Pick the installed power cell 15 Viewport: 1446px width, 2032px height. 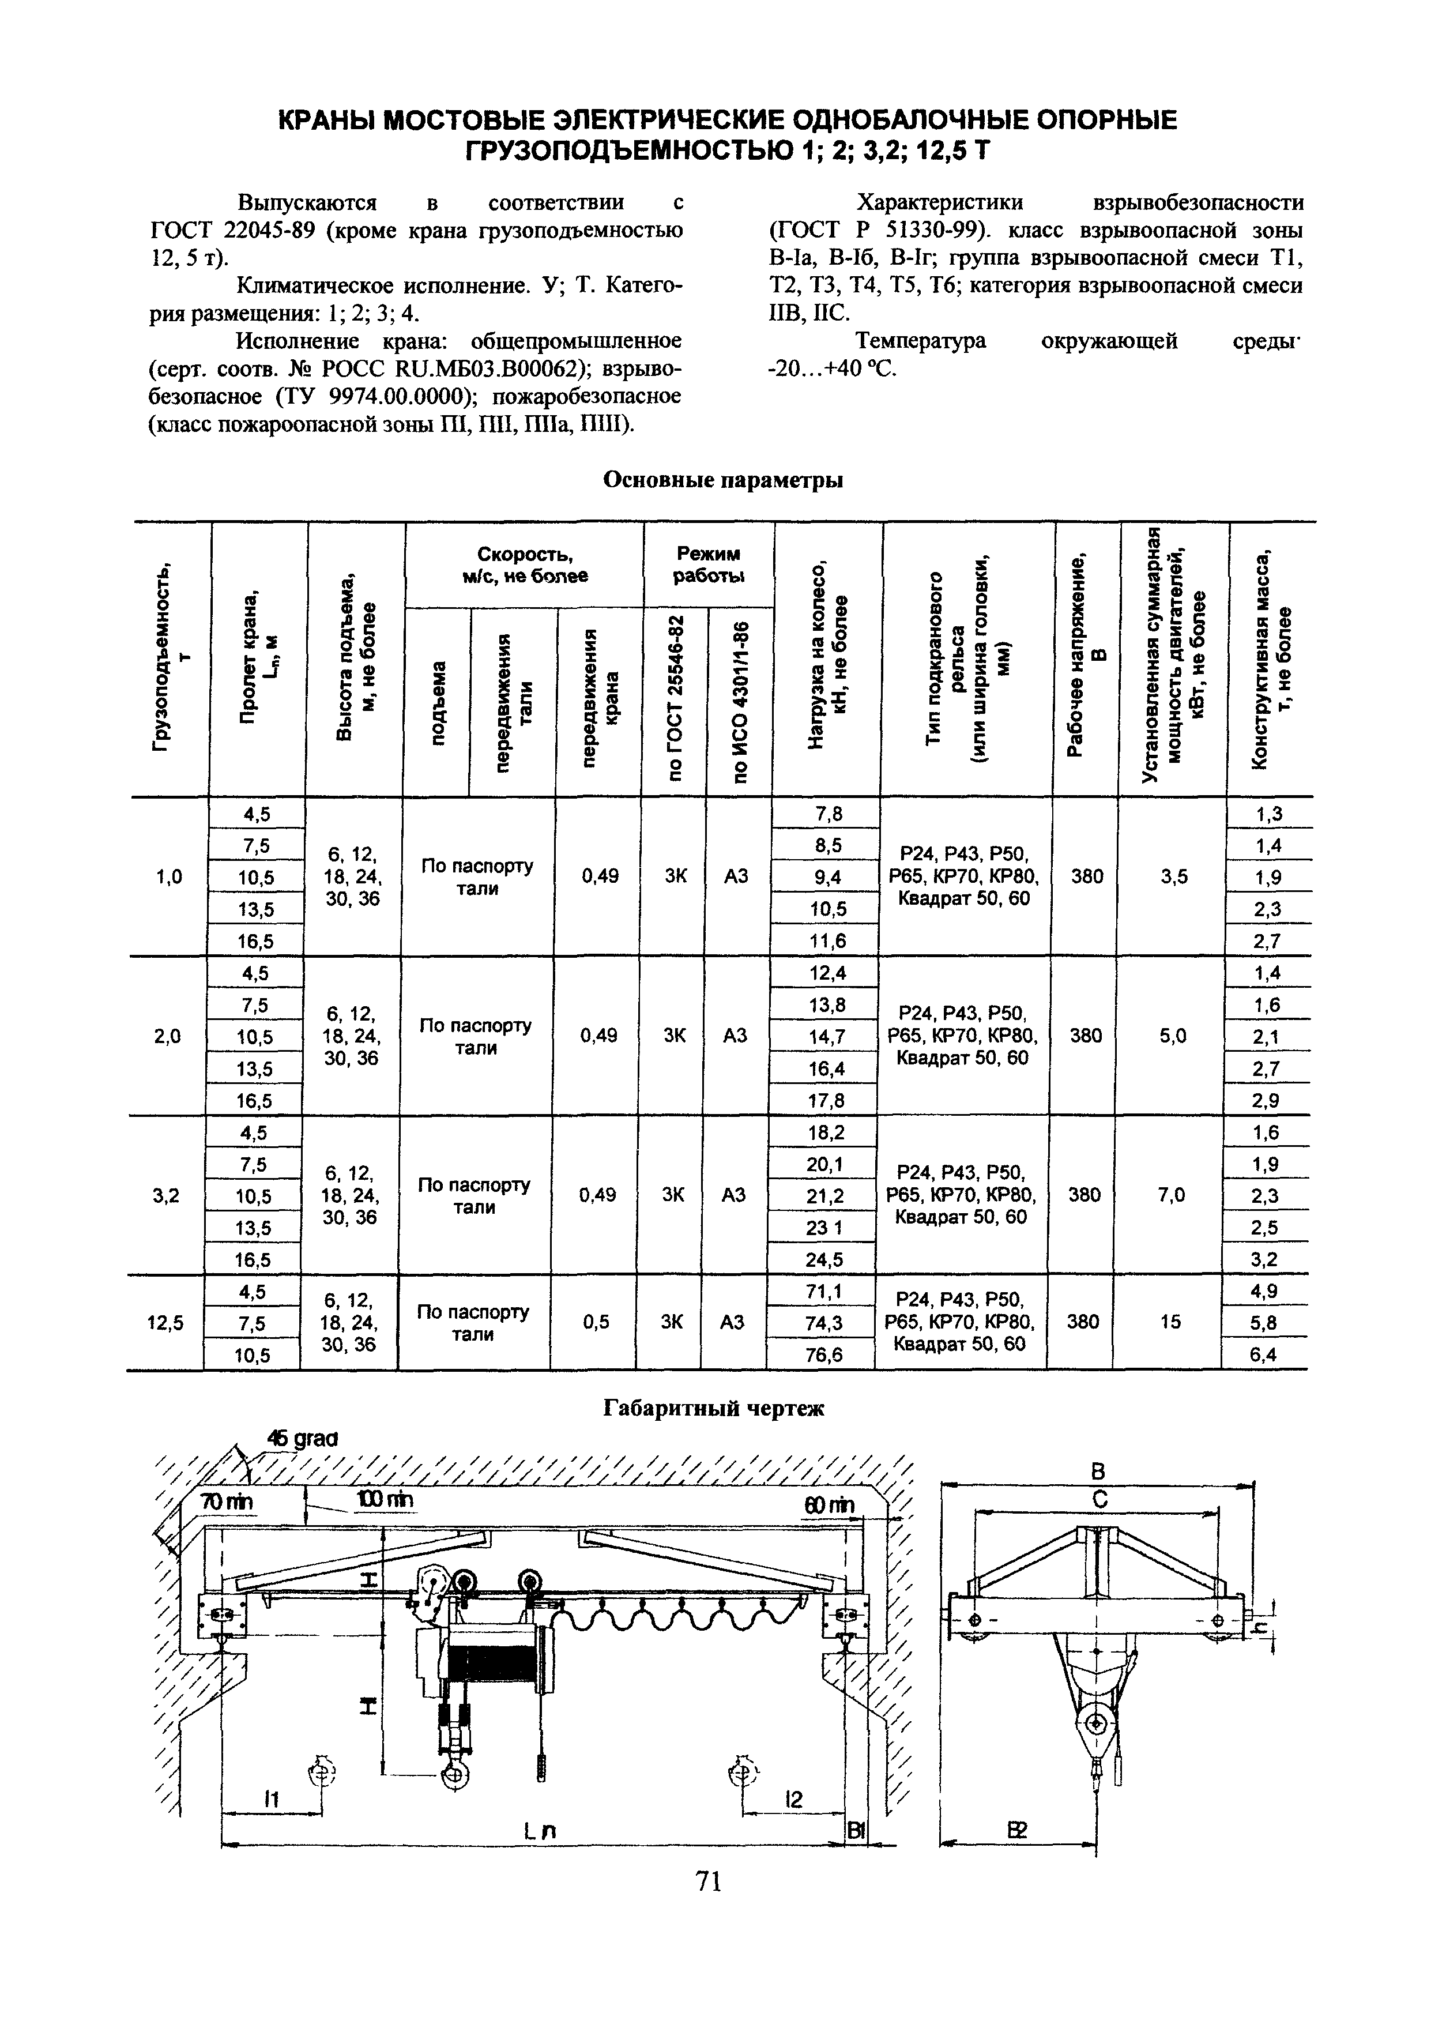pos(1170,1322)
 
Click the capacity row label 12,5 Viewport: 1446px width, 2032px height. pos(165,1322)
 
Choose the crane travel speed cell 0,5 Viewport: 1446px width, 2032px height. pos(596,1322)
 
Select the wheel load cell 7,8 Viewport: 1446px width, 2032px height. pos(828,813)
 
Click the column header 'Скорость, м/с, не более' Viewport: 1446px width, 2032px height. pos(525,565)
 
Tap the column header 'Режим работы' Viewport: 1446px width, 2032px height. pos(709,565)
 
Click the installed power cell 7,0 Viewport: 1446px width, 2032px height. pos(1172,1195)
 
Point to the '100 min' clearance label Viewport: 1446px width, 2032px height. pos(385,1500)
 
